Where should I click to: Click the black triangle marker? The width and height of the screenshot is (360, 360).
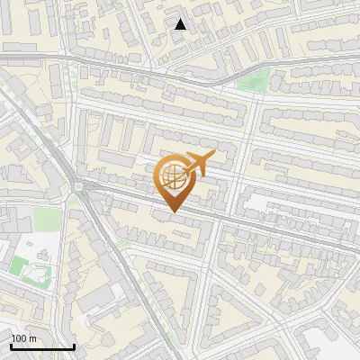pyautogui.click(x=181, y=24)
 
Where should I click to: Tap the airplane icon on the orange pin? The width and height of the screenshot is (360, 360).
pyautogui.click(x=198, y=162)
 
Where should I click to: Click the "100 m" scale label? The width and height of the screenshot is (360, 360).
pyautogui.click(x=22, y=338)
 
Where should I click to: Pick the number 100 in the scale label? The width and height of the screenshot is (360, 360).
pyautogui.click(x=18, y=338)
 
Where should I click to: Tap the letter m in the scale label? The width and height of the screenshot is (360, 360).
pyautogui.click(x=31, y=338)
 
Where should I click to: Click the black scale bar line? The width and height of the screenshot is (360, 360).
pyautogui.click(x=42, y=347)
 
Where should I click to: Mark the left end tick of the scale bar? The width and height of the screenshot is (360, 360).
pyautogui.click(x=11, y=346)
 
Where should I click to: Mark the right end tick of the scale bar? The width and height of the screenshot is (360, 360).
pyautogui.click(x=74, y=346)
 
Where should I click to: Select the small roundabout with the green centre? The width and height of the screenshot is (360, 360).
pyautogui.click(x=78, y=186)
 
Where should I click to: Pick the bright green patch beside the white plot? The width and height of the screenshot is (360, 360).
pyautogui.click(x=19, y=265)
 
